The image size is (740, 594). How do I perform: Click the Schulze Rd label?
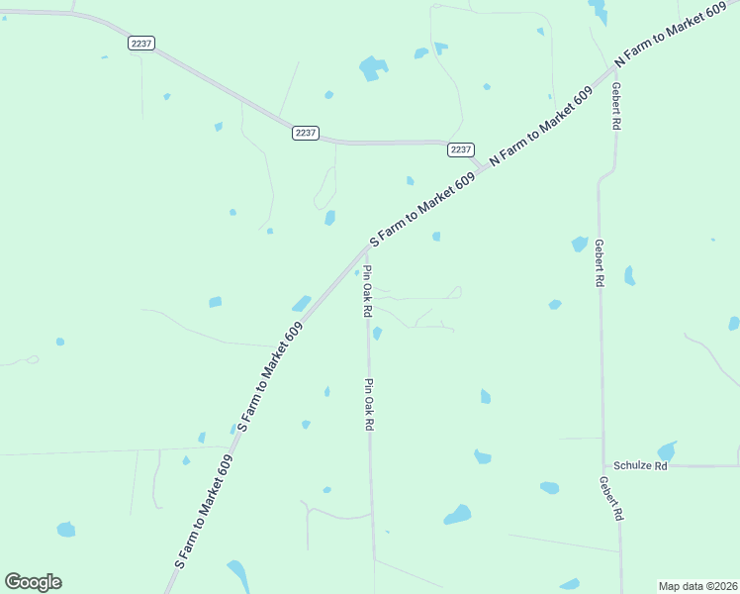coord(640,465)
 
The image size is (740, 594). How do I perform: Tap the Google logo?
coord(33,582)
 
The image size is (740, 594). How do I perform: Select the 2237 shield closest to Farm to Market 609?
coord(460,149)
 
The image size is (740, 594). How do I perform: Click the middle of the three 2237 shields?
coord(306,133)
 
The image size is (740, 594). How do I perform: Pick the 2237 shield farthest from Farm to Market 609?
coord(140,44)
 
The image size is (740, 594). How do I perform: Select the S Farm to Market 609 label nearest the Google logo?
coord(204,511)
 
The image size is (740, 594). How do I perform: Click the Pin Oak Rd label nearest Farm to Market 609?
coord(367,291)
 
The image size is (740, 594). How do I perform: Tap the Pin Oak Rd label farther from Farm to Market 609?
coord(369,404)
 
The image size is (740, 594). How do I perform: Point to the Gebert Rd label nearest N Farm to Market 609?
coord(615,107)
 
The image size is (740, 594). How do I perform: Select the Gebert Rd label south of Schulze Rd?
coord(613,499)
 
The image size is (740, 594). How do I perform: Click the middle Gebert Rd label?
coord(599,262)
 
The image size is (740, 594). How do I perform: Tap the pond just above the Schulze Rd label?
coord(668,450)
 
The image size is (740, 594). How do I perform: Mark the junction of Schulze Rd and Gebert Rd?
coord(604,465)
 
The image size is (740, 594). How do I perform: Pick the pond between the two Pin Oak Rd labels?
coord(377,333)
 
